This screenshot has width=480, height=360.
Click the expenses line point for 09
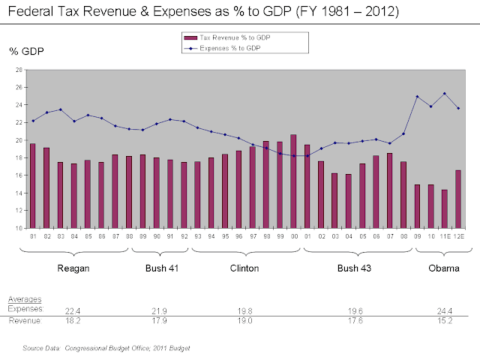point(417,97)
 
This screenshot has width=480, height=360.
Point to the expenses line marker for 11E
point(444,94)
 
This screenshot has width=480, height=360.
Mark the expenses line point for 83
point(60,109)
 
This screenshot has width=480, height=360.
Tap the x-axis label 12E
point(458,236)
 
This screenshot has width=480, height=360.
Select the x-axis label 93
point(197,236)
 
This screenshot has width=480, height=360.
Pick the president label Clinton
point(244,268)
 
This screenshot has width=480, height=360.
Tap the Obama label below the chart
point(442,268)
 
